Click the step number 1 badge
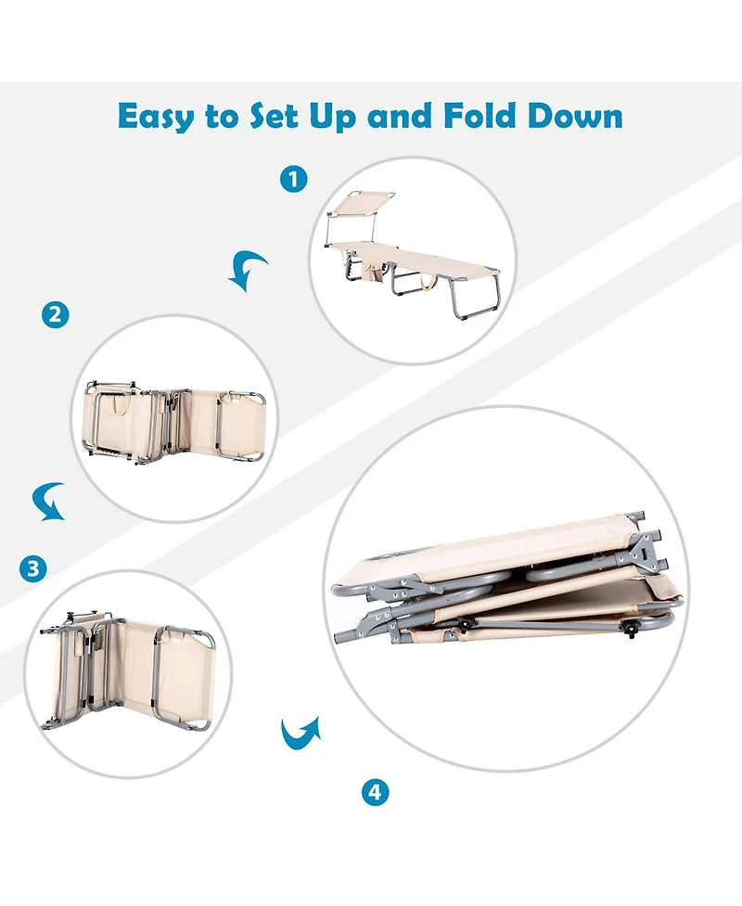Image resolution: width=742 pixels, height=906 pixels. pyautogui.click(x=294, y=179)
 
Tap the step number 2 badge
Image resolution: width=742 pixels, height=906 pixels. pyautogui.click(x=56, y=315)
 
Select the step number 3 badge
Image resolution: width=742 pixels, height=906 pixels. pyautogui.click(x=33, y=568)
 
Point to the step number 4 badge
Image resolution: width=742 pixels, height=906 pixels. pyautogui.click(x=375, y=792)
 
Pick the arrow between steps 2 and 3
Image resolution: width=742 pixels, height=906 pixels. pyautogui.click(x=47, y=502)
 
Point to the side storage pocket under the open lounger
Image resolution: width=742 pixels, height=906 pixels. pyautogui.click(x=373, y=272)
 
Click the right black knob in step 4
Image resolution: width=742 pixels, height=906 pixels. pyautogui.click(x=631, y=629)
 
